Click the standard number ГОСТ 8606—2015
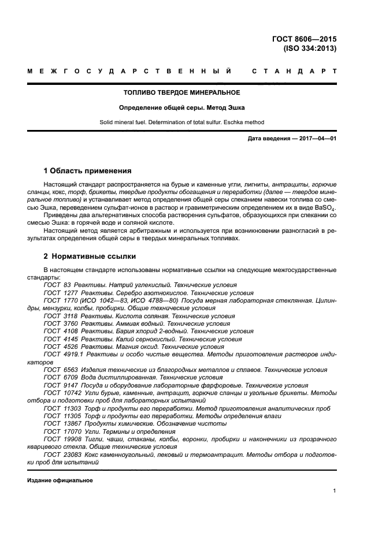pyautogui.click(x=304, y=39)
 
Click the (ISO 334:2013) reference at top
pyautogui.click(x=309, y=49)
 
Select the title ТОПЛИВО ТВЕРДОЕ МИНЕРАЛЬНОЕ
pyautogui.click(x=182, y=92)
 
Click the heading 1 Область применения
pyautogui.click(x=88, y=171)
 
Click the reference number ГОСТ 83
pyautogui.click(x=57, y=285)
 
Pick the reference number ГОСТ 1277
pyautogui.click(x=60, y=293)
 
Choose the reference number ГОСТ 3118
pyautogui.click(x=60, y=316)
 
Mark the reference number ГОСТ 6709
pyautogui.click(x=60, y=377)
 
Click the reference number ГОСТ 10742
pyautogui.click(x=62, y=393)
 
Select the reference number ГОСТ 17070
pyautogui.click(x=62, y=431)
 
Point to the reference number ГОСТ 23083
pyautogui.click(x=62, y=455)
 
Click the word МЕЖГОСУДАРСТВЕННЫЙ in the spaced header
pyautogui.click(x=129, y=72)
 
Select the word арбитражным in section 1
pyautogui.click(x=135, y=230)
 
